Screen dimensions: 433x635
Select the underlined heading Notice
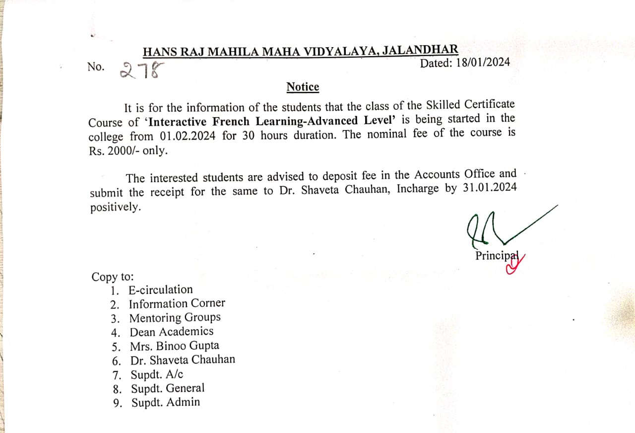tap(303, 87)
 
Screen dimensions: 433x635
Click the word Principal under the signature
tap(496, 255)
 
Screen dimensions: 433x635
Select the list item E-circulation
tap(160, 289)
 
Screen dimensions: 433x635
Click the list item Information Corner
tap(177, 303)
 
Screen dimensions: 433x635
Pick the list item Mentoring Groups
tap(175, 317)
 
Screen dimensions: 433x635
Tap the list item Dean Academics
tap(171, 332)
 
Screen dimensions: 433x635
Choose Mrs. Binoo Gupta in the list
tap(174, 346)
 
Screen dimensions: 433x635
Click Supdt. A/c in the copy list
tap(157, 374)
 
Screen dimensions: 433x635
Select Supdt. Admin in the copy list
tap(166, 403)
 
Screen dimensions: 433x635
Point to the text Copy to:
tap(113, 277)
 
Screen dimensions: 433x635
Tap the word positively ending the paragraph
tap(115, 208)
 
